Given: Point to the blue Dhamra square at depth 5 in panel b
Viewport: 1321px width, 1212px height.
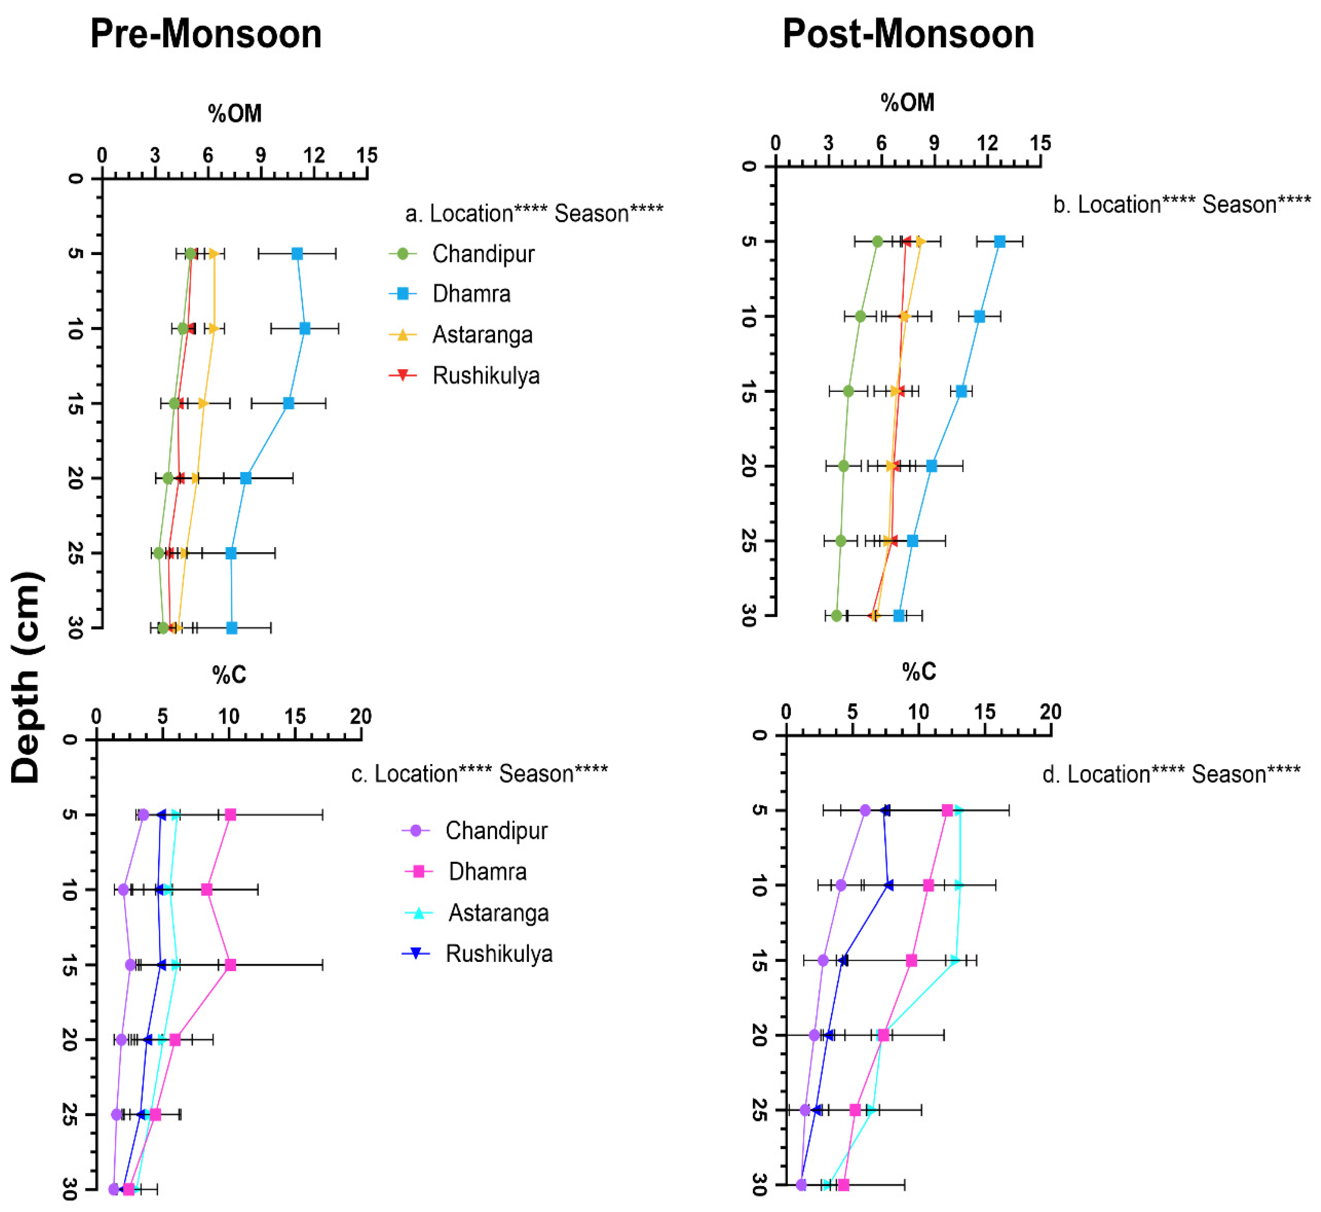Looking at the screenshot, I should coord(999,241).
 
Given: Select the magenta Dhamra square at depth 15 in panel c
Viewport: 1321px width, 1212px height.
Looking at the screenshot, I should coord(230,965).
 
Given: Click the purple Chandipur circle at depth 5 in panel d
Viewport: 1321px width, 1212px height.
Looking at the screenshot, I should coord(865,811).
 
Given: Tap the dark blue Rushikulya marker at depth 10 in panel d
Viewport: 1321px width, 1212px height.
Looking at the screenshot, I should coord(889,885).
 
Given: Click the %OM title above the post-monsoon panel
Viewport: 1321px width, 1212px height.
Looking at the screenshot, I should coord(907,103).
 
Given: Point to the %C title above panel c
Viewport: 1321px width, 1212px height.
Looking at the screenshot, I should coord(229,675).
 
